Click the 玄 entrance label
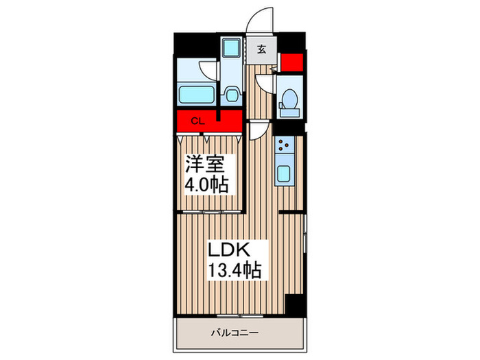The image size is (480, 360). click(x=261, y=49)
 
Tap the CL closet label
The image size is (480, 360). click(x=197, y=121)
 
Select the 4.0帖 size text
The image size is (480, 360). click(x=206, y=184)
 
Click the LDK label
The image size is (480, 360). click(x=228, y=250)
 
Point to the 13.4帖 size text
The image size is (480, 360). click(x=235, y=270)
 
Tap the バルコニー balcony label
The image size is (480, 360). click(x=235, y=333)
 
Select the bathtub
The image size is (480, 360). click(x=197, y=95)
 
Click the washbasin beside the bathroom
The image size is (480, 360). click(x=232, y=95)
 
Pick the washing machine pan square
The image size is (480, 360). click(x=232, y=47)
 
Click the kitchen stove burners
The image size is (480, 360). click(x=285, y=145)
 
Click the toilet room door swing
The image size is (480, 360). click(x=266, y=84)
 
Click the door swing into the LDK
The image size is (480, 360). click(x=259, y=130)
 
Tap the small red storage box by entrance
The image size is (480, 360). click(x=292, y=62)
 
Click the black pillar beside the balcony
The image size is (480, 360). click(x=294, y=305)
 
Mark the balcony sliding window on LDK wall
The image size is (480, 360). click(x=240, y=315)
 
